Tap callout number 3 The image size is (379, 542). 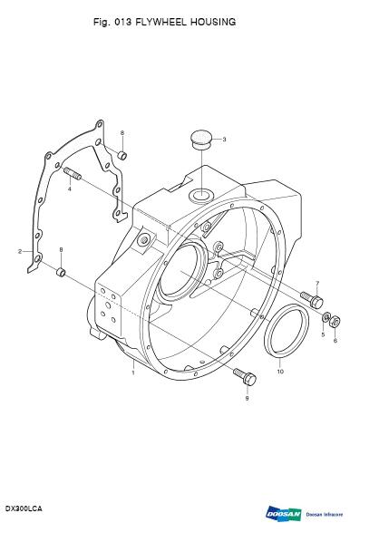pyautogui.click(x=225, y=139)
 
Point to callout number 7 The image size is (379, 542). pyautogui.click(x=317, y=285)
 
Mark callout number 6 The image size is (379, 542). pyautogui.click(x=335, y=340)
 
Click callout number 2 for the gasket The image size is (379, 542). pyautogui.click(x=18, y=250)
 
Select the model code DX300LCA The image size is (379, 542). pyautogui.click(x=24, y=508)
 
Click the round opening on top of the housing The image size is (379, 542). pyautogui.click(x=199, y=196)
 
